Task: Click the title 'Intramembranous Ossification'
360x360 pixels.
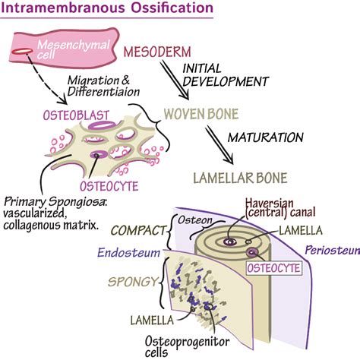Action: [x=107, y=9]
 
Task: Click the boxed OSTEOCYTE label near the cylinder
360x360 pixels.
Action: [x=276, y=267]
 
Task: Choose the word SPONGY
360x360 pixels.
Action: [x=133, y=283]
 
